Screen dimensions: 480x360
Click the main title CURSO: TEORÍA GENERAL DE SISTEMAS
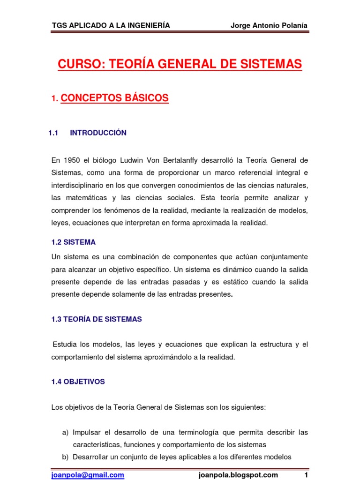[180, 64]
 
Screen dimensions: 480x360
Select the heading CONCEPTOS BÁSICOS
[114, 98]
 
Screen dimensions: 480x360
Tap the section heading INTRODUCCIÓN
[98, 133]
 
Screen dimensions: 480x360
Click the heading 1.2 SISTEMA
[73, 242]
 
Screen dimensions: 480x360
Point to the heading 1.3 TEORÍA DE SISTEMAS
[96, 319]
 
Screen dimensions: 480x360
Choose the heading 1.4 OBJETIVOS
[78, 382]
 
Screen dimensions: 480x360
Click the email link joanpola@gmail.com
[88, 475]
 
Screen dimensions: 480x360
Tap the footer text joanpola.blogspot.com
[238, 475]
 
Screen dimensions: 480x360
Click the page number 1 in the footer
[306, 475]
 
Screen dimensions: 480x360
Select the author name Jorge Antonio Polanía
[269, 25]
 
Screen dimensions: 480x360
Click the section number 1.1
[53, 133]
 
